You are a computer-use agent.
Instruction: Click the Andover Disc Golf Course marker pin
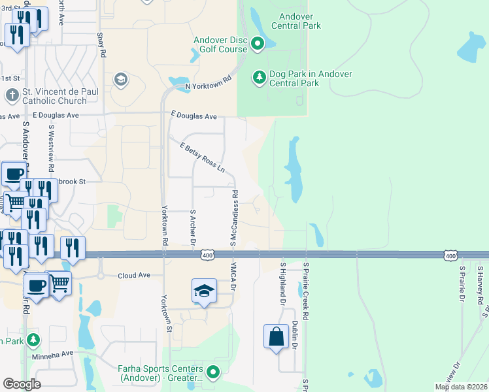tap(258, 44)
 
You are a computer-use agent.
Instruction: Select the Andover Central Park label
tap(300, 21)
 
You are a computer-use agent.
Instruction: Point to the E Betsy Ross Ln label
tap(202, 157)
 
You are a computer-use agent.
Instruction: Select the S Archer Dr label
tap(194, 227)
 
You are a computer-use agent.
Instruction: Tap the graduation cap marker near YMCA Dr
tap(204, 291)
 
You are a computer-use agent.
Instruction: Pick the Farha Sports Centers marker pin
tap(212, 372)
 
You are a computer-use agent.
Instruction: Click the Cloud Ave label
tap(134, 276)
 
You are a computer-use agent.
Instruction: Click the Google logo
tap(22, 384)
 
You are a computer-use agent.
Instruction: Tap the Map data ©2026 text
tap(461, 387)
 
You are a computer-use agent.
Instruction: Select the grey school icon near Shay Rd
tap(120, 79)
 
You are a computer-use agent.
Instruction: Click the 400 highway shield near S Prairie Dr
tap(450, 256)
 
